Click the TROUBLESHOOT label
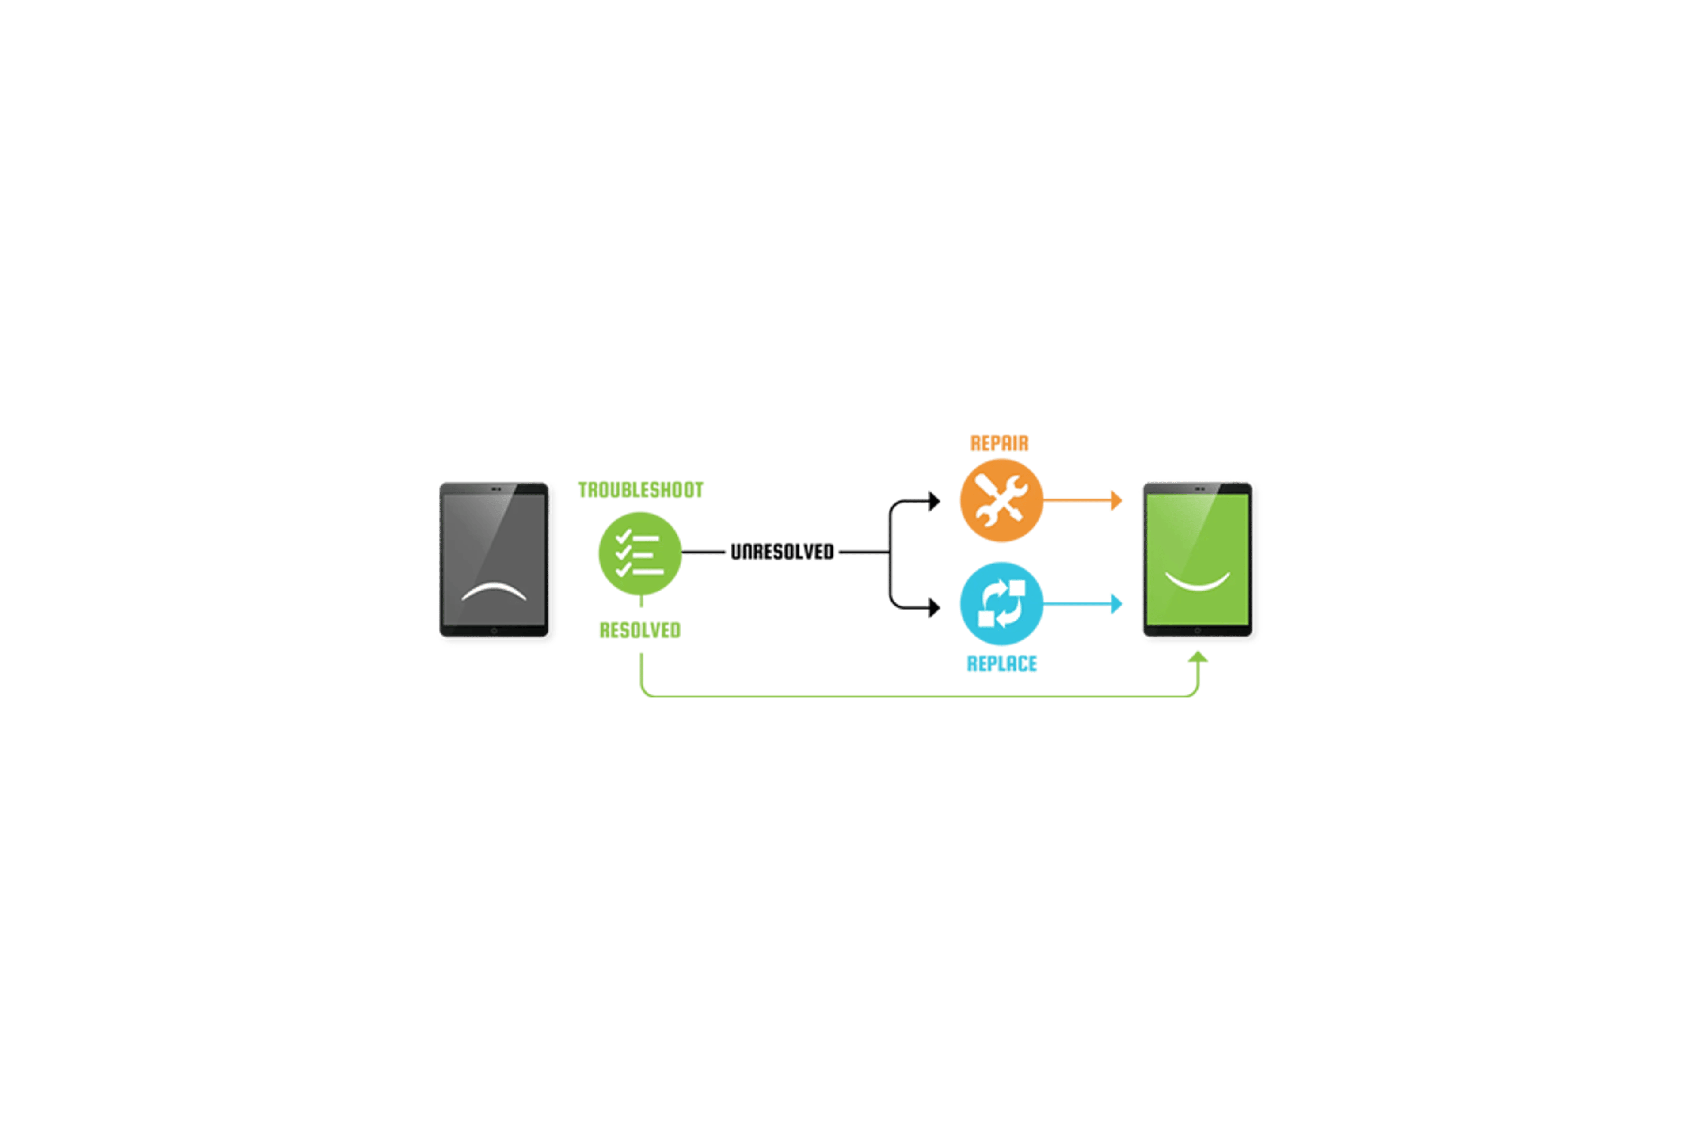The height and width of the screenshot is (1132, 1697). coord(640,490)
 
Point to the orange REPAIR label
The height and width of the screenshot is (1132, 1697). coord(1000,443)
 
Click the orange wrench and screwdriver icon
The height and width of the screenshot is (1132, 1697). coord(1001,500)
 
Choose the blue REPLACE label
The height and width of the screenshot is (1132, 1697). coord(1002,663)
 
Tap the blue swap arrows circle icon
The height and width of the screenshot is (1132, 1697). coord(1001,603)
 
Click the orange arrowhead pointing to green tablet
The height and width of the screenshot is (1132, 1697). coord(1117,500)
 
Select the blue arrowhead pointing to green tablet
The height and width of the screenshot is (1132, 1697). coord(1117,603)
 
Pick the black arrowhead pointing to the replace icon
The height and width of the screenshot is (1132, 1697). coord(934,608)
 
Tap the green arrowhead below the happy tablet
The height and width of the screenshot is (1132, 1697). coord(1198,656)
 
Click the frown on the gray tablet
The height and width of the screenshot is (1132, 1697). coord(494,589)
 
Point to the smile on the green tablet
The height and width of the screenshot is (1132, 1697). coord(1198,582)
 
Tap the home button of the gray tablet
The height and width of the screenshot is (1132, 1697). coord(494,631)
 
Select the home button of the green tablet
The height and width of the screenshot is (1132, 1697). coord(1198,631)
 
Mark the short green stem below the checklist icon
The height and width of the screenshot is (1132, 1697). coord(641,601)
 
